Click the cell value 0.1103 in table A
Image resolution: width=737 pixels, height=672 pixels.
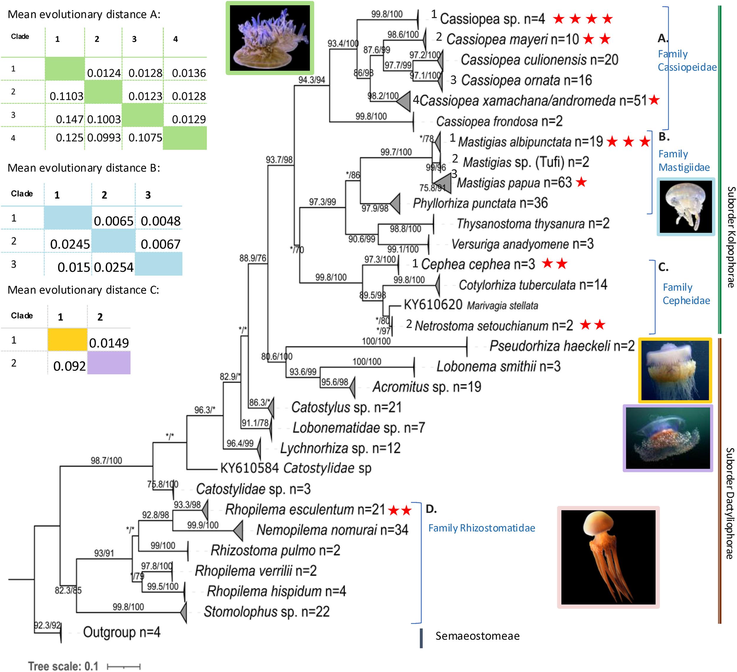67,96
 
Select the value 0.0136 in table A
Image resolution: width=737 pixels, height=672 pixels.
189,73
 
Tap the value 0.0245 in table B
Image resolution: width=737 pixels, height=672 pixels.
70,244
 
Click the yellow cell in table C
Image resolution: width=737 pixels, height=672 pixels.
67,340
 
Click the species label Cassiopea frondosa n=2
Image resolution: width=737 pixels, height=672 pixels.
499,121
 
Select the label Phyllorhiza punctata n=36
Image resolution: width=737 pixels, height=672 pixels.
480,203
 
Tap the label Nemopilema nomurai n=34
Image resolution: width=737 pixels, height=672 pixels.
332,530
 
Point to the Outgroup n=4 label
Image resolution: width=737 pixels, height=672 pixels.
121,632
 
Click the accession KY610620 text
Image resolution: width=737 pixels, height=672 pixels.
433,305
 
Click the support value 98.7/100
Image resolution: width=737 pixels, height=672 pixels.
106,460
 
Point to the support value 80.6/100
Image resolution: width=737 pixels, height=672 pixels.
277,356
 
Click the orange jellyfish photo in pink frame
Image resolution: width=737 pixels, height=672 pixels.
608,557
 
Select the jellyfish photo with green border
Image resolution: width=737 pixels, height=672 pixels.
270,38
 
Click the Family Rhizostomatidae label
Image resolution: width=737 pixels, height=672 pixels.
481,528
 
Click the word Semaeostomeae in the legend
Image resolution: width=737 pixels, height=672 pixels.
477,636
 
